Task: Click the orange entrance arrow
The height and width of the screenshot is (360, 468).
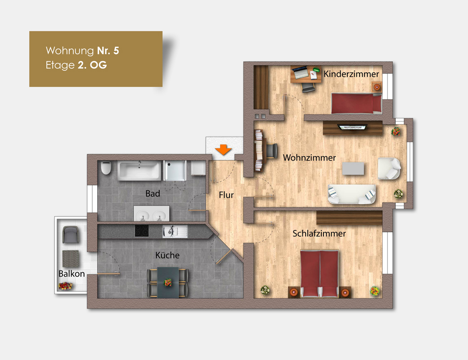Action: pos(223,149)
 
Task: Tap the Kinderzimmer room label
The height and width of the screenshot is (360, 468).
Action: pos(351,74)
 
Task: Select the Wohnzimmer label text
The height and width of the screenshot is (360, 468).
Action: pos(309,157)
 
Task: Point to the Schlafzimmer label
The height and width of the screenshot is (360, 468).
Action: pos(319,234)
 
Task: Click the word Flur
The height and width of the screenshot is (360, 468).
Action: pos(226,195)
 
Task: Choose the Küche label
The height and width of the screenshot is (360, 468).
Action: pos(167,255)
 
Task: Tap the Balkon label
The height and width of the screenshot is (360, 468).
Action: pos(72,274)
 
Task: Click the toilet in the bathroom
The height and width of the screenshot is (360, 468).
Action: pos(106,168)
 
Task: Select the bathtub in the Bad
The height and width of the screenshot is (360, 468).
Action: pos(139,171)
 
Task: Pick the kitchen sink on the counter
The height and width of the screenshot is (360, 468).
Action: pos(175,231)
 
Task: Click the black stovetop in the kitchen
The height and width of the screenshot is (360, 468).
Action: pos(142,231)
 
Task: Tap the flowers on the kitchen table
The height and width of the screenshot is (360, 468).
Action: pos(168,282)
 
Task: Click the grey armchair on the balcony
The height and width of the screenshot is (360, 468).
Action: pos(71,234)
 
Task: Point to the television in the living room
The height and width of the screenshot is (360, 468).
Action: pos(352,127)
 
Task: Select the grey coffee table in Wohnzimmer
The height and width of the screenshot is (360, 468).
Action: pos(353,168)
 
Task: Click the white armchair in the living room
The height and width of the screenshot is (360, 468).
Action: pos(389,169)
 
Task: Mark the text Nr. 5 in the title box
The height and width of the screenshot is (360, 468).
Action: pos(108,51)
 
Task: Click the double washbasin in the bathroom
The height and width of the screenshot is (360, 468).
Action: pos(151,214)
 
